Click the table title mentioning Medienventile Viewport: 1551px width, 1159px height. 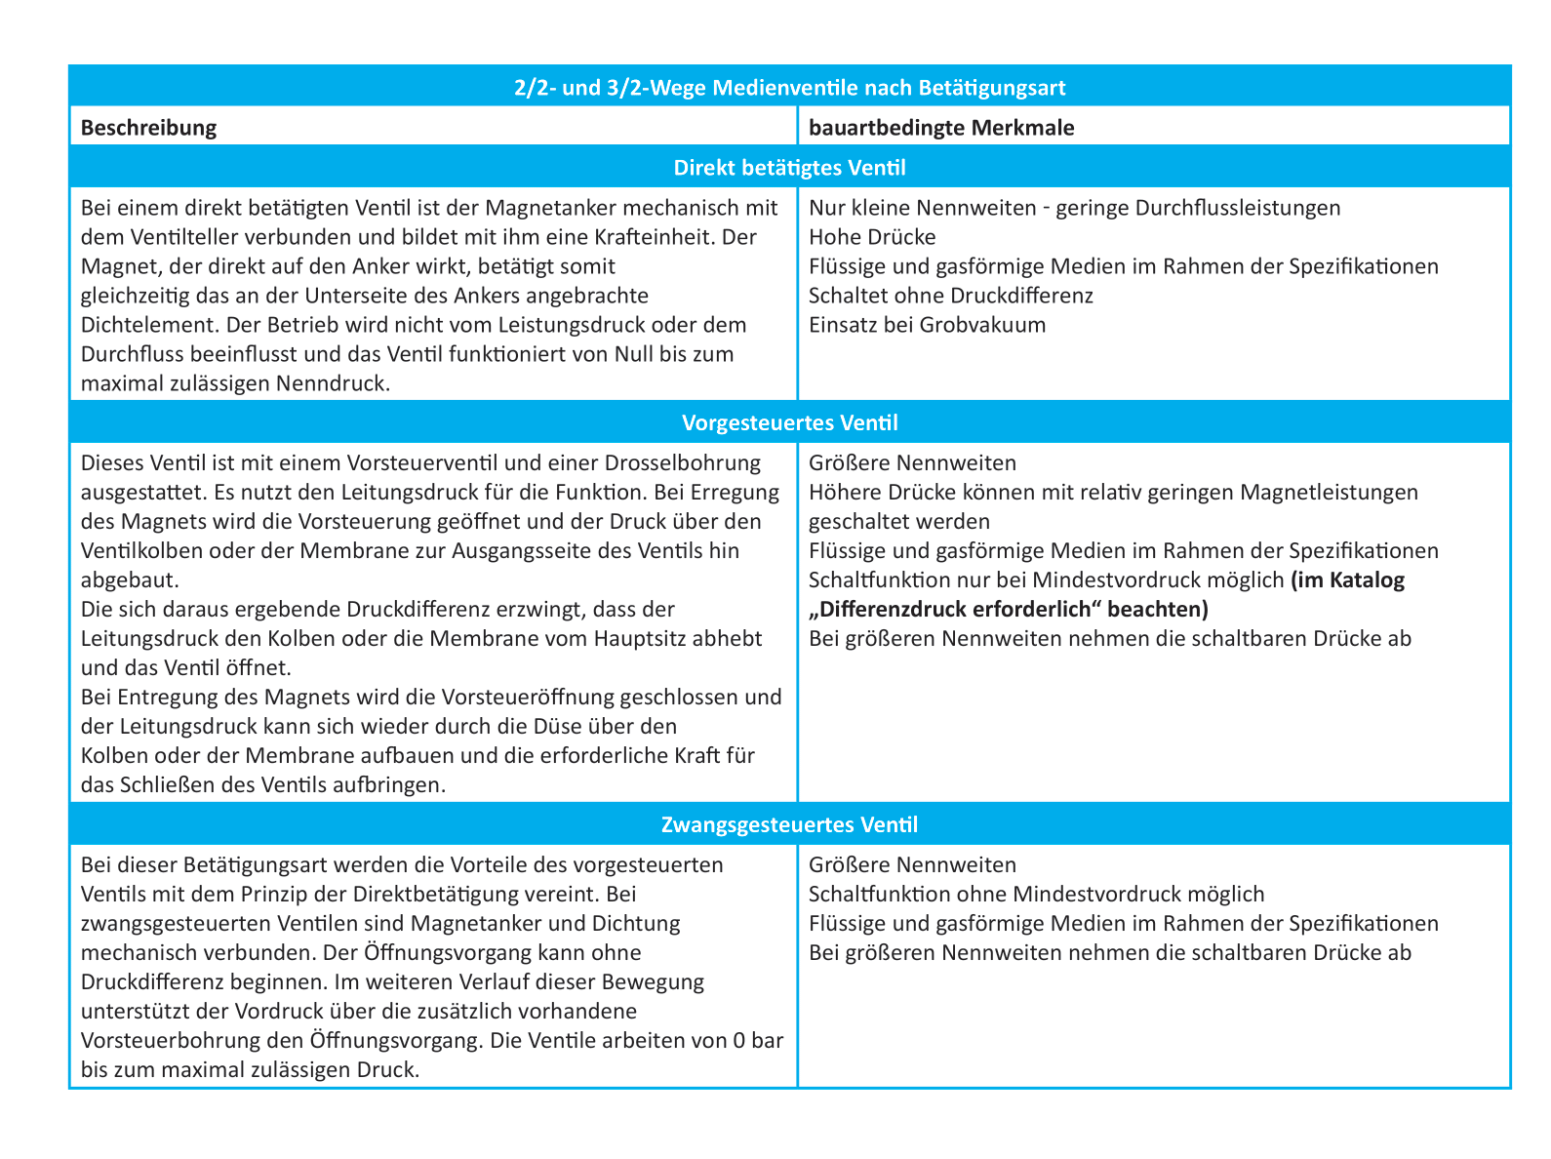(789, 88)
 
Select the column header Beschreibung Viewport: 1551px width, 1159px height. (148, 128)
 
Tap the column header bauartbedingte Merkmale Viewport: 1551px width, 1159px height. (941, 128)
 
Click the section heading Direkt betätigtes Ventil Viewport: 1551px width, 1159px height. (789, 168)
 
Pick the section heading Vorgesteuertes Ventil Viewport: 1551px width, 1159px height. (789, 423)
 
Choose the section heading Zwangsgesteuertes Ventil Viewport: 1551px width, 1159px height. (789, 824)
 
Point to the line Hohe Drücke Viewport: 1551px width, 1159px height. (872, 237)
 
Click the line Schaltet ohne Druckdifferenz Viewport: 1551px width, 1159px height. (951, 296)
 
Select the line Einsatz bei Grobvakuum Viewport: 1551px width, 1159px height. (927, 325)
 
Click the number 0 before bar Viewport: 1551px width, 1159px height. (739, 1040)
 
